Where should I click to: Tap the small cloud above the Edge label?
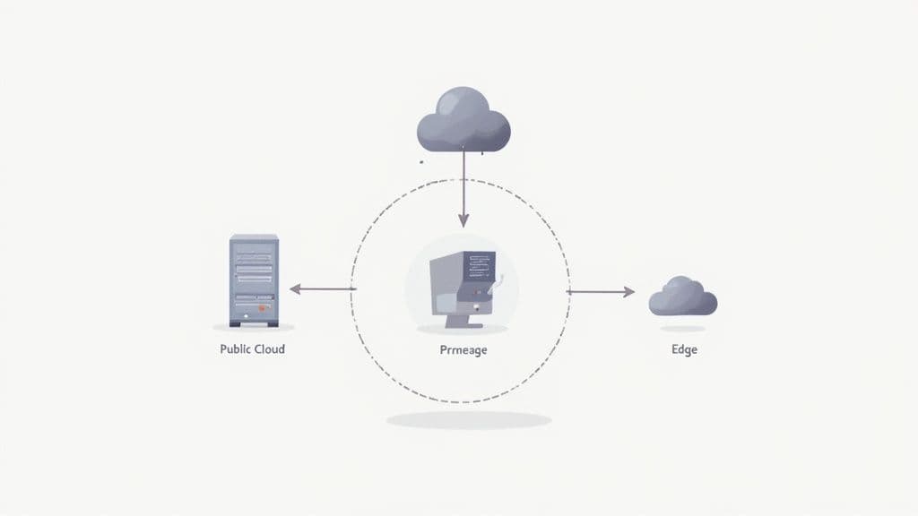click(683, 297)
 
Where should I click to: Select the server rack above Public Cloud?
click(254, 279)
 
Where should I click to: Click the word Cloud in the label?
click(268, 348)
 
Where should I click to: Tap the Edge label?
click(684, 349)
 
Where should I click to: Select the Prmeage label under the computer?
click(463, 350)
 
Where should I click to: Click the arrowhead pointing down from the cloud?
click(463, 219)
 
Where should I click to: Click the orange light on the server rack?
click(263, 306)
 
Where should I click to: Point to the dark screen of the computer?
click(481, 265)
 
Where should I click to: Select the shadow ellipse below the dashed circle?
click(468, 420)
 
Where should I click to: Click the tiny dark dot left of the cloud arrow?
click(420, 162)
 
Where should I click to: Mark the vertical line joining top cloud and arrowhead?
click(463, 184)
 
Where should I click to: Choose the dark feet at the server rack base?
click(254, 323)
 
